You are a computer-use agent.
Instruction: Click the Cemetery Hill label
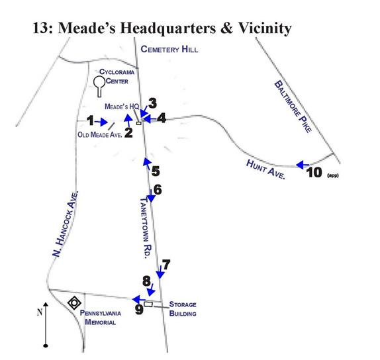[169, 49]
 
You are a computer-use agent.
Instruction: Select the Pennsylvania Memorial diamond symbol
[74, 303]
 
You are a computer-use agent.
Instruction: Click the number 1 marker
[91, 120]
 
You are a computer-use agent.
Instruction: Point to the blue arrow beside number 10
[303, 165]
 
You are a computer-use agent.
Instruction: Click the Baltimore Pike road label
[293, 107]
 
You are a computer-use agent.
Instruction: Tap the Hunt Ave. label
[265, 169]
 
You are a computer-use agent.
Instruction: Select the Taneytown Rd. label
[146, 228]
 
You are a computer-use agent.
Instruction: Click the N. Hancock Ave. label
[66, 224]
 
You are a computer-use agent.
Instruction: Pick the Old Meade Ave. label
[99, 135]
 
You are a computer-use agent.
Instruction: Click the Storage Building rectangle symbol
[148, 304]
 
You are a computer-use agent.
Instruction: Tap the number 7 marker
[166, 265]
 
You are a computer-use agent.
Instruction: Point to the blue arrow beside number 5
[147, 163]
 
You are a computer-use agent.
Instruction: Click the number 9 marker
[139, 309]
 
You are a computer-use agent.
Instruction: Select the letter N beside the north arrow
[40, 312]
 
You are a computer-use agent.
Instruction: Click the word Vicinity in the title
[265, 28]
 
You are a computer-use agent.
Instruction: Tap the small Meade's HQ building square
[138, 123]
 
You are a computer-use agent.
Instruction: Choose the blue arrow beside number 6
[151, 196]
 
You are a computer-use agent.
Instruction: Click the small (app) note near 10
[333, 175]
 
